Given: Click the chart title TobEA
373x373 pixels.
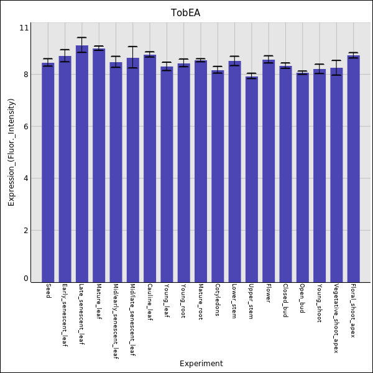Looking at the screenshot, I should tap(186, 13).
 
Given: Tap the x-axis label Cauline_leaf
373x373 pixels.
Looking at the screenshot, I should tap(150, 301).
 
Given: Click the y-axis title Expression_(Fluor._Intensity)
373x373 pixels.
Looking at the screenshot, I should tap(11, 152).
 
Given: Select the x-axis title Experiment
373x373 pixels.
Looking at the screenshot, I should tap(201, 364).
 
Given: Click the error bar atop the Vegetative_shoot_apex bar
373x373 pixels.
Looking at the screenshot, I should tap(336, 68).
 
